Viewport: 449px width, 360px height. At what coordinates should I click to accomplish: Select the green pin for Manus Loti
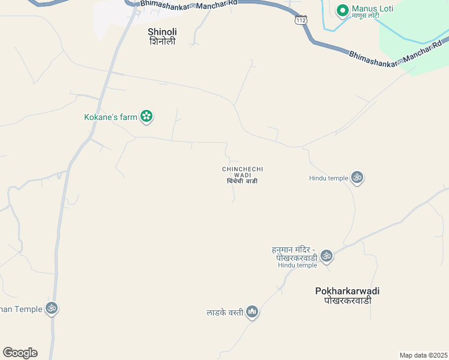343,10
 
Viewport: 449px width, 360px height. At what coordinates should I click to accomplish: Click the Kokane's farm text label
110,117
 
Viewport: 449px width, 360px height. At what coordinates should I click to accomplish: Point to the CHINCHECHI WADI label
243,172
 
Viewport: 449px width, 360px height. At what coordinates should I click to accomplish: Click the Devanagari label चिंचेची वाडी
243,181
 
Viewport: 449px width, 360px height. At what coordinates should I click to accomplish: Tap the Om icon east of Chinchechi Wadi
358,178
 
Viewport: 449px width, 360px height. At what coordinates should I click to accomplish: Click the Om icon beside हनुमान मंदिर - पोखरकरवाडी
326,256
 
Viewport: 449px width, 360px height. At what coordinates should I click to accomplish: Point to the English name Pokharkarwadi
347,291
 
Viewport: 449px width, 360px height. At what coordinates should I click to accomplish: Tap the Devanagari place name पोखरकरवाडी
347,301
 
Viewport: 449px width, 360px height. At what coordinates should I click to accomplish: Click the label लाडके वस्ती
224,312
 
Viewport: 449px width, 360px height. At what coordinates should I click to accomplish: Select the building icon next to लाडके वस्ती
252,312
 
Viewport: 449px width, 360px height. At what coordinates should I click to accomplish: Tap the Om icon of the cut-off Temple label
52,308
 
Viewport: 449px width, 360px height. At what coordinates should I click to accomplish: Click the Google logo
20,353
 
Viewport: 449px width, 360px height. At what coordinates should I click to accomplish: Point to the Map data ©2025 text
423,355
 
